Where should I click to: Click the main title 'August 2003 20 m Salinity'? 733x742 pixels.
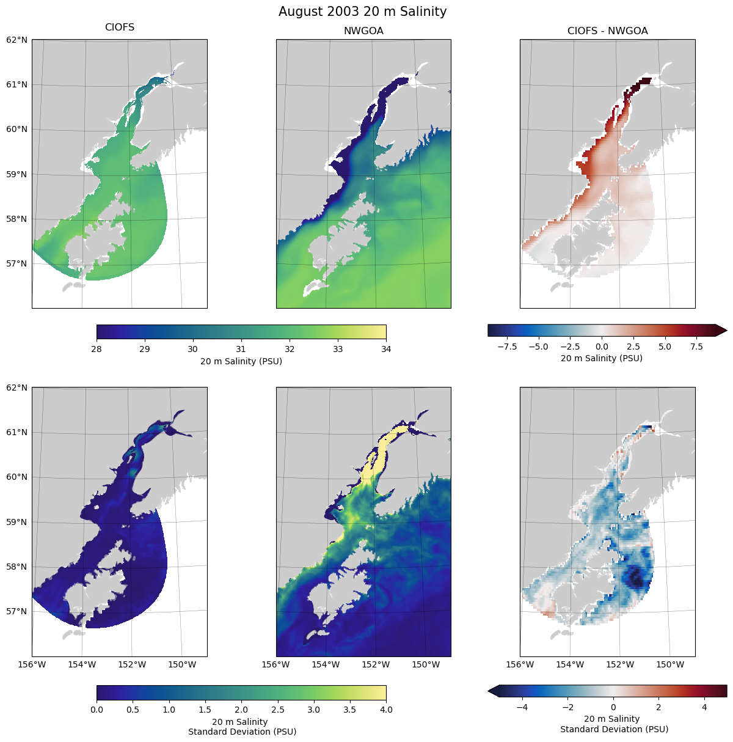click(x=363, y=12)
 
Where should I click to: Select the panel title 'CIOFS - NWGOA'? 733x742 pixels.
click(x=607, y=31)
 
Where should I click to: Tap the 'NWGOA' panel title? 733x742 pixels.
click(x=363, y=31)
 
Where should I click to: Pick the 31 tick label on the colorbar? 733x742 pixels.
click(x=241, y=349)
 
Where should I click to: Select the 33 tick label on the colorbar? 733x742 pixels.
click(x=338, y=349)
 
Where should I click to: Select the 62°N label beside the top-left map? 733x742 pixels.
click(x=17, y=40)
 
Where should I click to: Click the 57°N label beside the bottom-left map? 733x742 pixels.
click(x=17, y=611)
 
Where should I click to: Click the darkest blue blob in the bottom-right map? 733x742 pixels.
click(x=636, y=576)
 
